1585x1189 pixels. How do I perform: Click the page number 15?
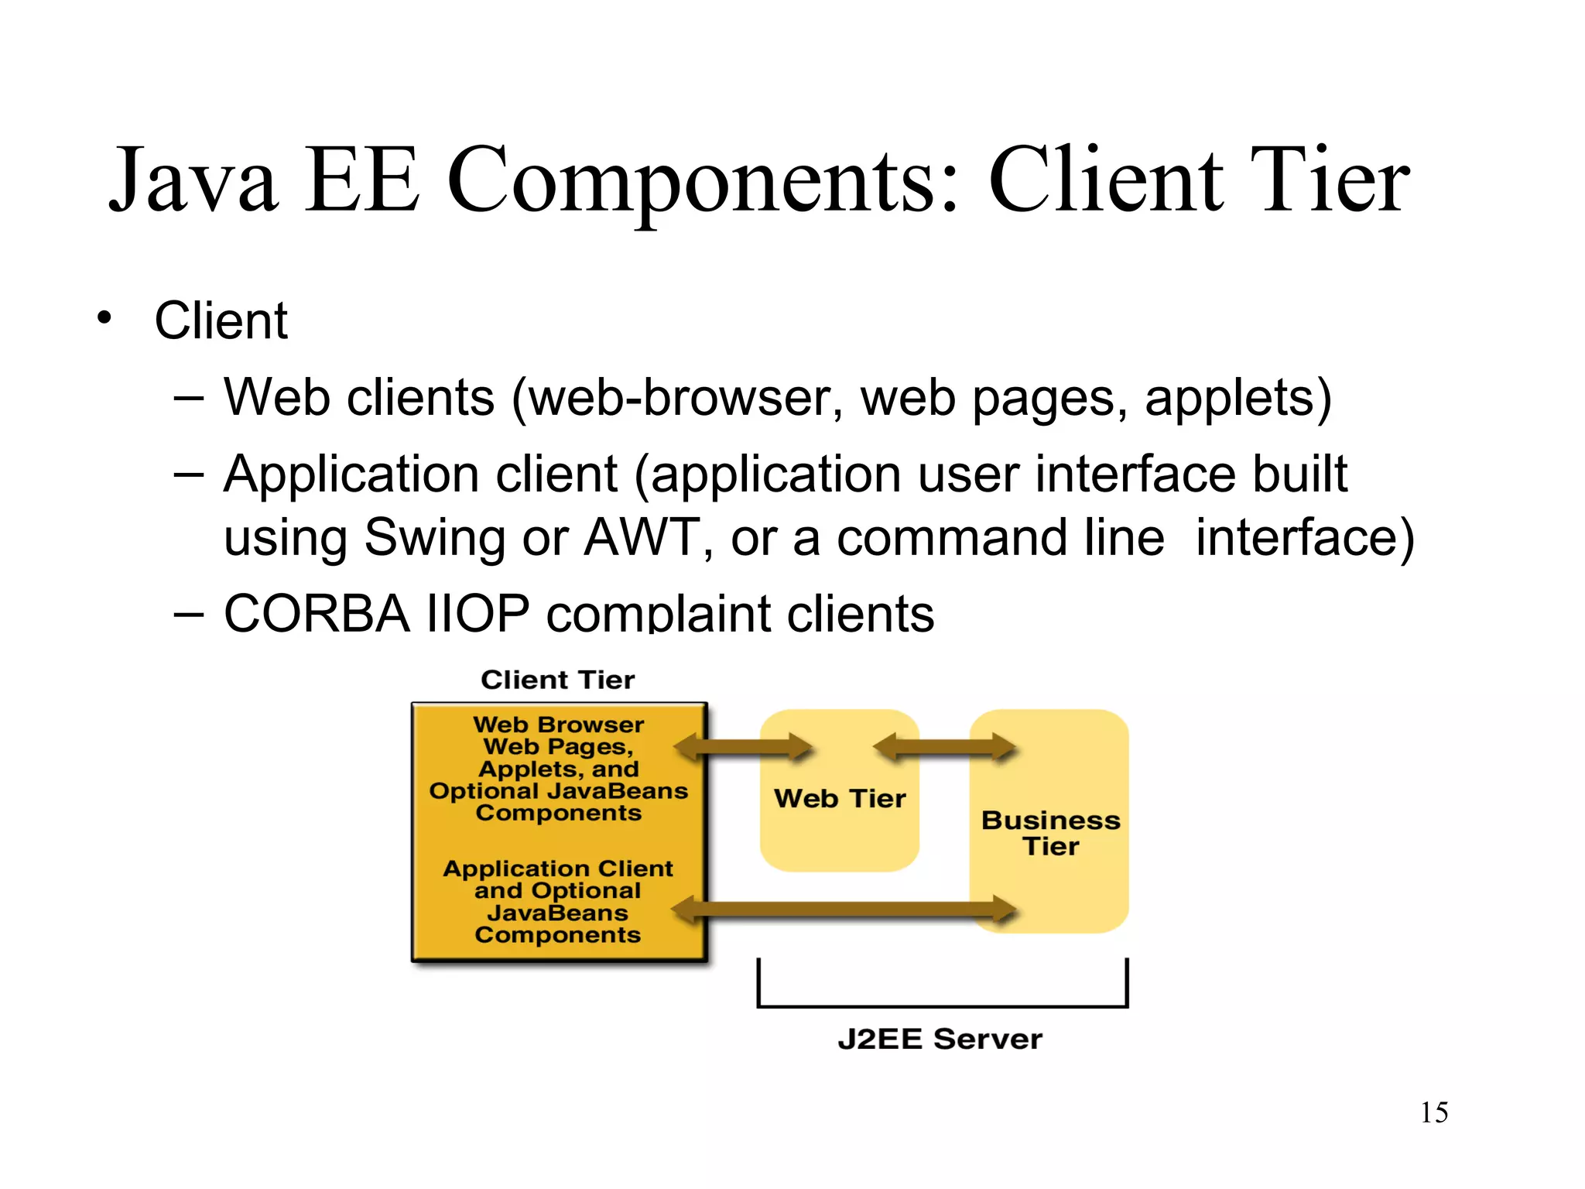coord(1433,1112)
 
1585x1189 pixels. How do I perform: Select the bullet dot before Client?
coord(104,317)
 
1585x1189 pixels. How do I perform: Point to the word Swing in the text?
coord(434,538)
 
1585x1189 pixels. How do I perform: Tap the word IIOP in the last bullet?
coord(478,613)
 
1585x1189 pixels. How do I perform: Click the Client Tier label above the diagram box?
coord(557,680)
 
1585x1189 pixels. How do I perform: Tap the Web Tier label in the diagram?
coord(840,798)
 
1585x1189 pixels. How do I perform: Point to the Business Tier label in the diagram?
coord(1050,833)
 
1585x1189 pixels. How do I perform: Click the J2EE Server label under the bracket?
coord(940,1039)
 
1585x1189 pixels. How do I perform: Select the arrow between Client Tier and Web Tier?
coord(743,747)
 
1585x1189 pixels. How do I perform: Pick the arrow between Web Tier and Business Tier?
coord(944,747)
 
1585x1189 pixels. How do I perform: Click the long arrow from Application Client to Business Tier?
coord(844,909)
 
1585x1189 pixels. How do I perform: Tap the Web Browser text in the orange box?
coord(558,725)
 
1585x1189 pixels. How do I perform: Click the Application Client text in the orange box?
coord(558,869)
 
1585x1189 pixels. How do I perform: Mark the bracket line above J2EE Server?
coord(942,1006)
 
